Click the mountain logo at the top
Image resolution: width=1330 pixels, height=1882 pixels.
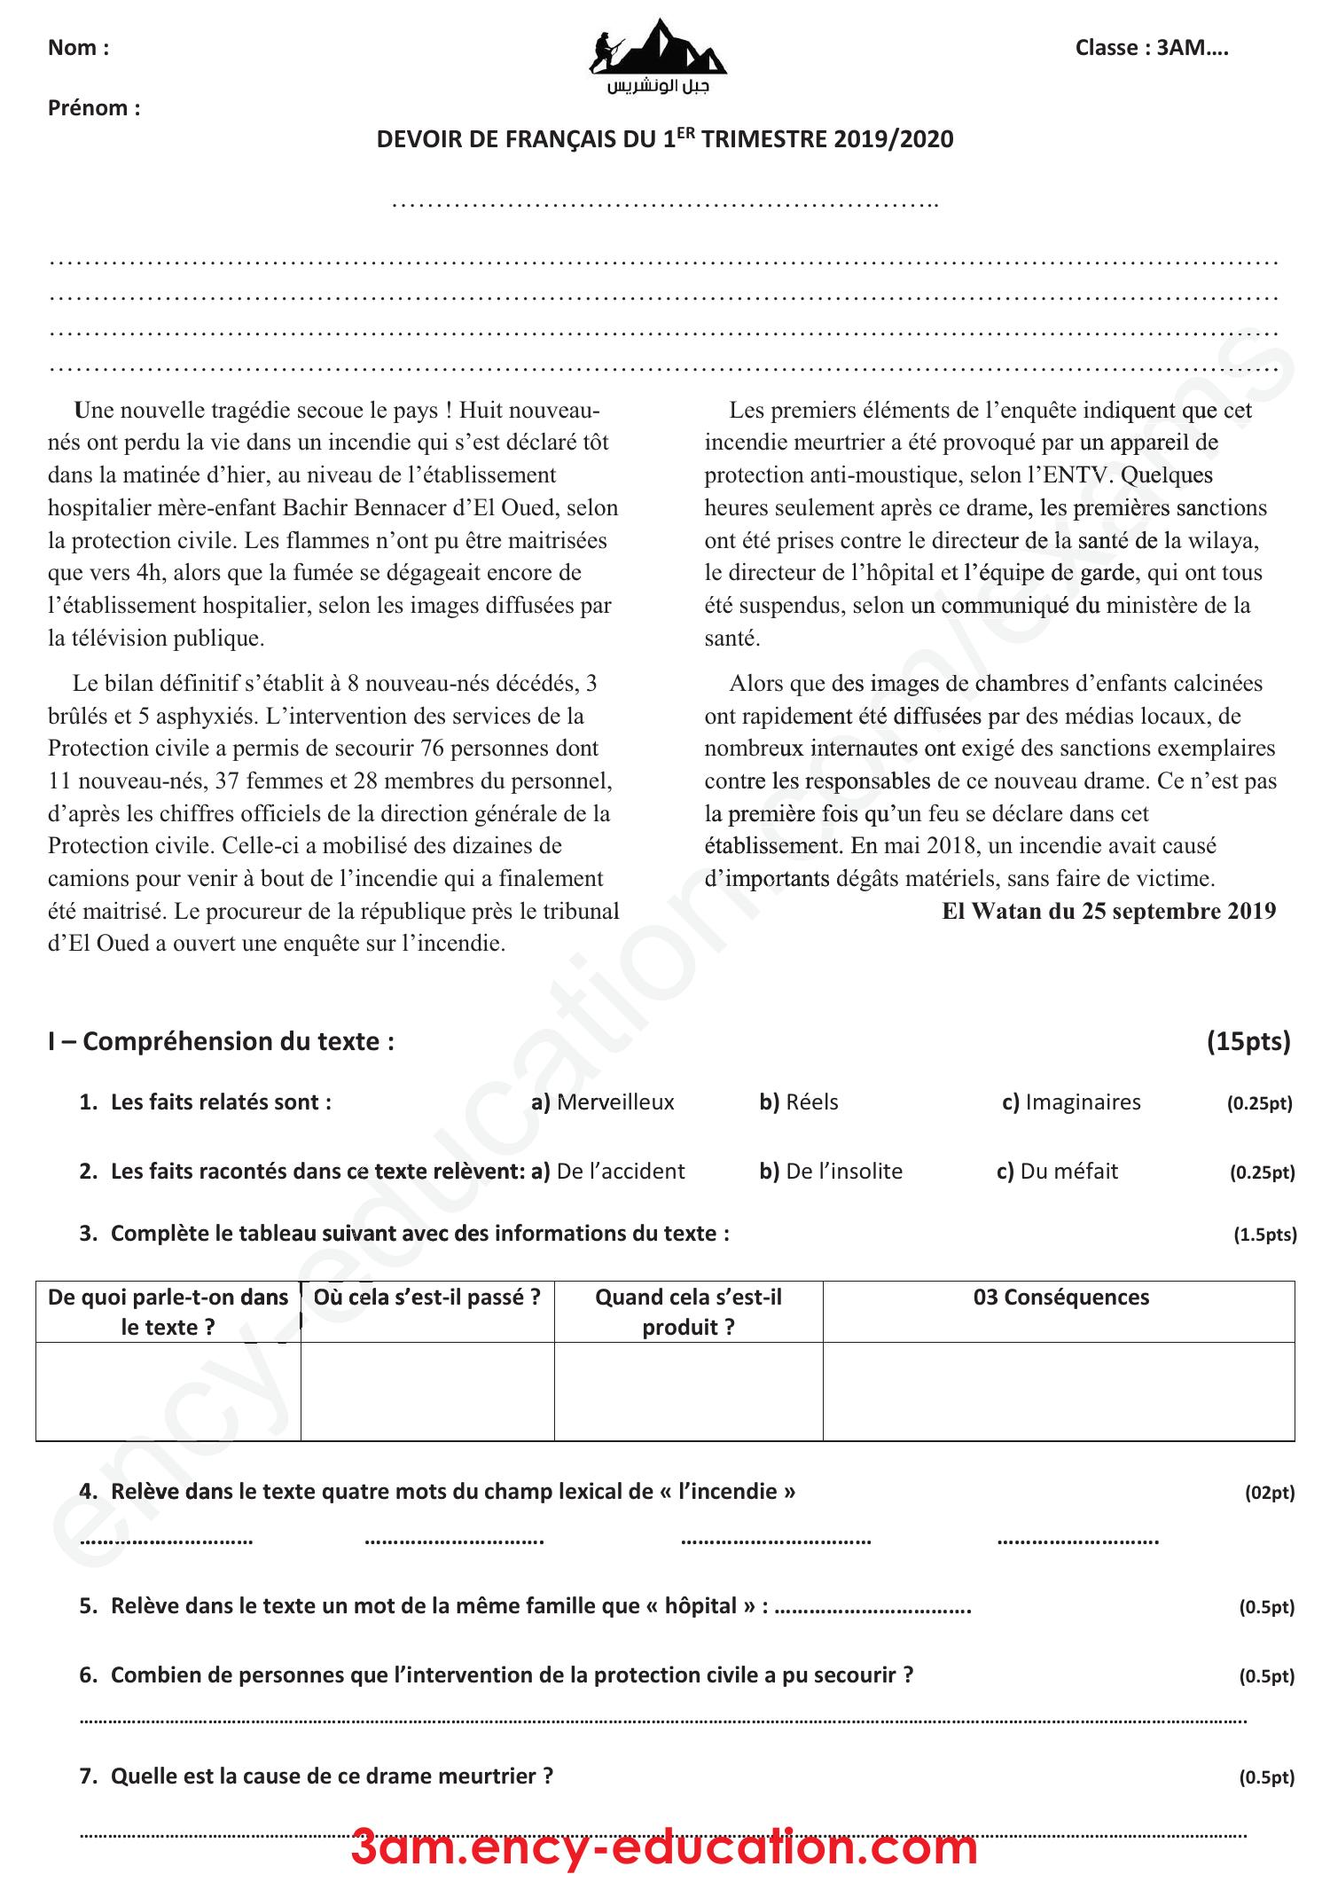click(658, 49)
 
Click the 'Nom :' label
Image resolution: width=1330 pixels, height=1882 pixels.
click(78, 48)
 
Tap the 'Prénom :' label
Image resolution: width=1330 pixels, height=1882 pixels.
click(94, 108)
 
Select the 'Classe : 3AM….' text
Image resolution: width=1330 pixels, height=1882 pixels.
click(1151, 48)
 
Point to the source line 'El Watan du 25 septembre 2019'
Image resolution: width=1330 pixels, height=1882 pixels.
click(1108, 911)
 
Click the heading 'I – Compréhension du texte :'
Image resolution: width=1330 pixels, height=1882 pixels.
click(221, 1040)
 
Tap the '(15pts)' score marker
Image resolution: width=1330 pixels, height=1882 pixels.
click(1248, 1040)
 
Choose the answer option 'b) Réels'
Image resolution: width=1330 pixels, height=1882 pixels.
click(798, 1102)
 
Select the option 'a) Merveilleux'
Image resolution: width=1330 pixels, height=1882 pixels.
click(602, 1102)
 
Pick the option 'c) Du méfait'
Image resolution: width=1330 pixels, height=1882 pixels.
click(1057, 1171)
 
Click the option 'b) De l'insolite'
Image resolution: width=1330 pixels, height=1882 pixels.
click(831, 1171)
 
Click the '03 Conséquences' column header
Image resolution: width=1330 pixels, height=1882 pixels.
click(1060, 1297)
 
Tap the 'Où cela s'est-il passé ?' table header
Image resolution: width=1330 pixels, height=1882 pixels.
click(426, 1297)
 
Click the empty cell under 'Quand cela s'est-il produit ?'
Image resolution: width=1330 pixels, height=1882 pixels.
click(688, 1390)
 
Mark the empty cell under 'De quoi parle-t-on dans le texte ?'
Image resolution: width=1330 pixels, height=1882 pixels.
click(168, 1390)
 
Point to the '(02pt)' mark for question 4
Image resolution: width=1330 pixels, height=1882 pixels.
click(1269, 1493)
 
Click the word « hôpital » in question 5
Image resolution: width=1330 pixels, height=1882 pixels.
click(702, 1606)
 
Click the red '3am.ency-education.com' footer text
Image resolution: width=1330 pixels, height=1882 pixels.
click(664, 1848)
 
